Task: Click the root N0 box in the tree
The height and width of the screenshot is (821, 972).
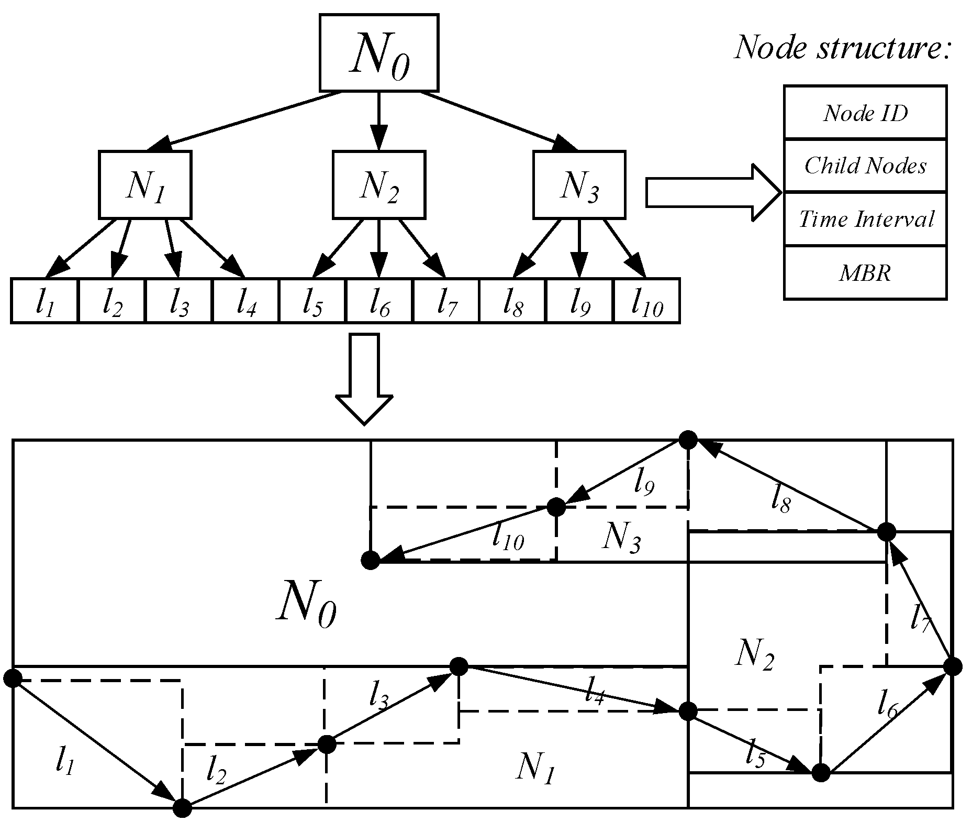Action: click(378, 53)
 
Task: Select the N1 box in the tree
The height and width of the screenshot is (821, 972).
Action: click(145, 185)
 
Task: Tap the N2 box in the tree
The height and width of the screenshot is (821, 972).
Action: click(378, 185)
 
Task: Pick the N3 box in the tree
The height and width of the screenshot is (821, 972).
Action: click(579, 185)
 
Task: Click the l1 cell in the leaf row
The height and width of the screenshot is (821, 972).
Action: click(44, 301)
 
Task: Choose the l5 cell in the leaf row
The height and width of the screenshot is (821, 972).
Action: click(312, 301)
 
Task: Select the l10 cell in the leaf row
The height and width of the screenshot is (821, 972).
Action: click(646, 301)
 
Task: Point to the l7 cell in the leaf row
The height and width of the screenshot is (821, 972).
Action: click(446, 301)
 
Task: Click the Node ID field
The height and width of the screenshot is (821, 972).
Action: click(865, 113)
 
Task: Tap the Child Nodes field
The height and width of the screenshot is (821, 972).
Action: click(865, 166)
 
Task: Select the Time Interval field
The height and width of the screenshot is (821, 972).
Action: click(865, 219)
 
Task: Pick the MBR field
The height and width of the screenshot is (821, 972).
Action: click(865, 272)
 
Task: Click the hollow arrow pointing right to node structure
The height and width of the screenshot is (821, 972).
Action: click(712, 192)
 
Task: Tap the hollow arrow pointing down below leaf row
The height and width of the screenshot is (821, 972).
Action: click(364, 377)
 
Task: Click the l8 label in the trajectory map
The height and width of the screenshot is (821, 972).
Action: click(781, 501)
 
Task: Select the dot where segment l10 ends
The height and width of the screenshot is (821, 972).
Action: click(370, 560)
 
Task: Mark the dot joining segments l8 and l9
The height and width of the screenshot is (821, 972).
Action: click(688, 440)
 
